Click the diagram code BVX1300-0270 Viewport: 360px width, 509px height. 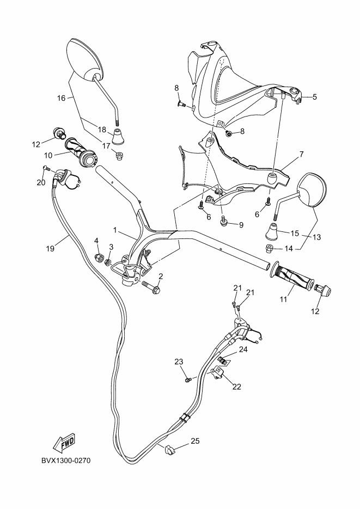click(x=65, y=461)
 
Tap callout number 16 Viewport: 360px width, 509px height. click(x=62, y=98)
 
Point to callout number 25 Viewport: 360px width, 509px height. click(x=195, y=441)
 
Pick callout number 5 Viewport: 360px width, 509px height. click(x=314, y=97)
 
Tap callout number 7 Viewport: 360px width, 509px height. click(x=300, y=155)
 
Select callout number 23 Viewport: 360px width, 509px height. click(x=179, y=361)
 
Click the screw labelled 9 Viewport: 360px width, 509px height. click(x=224, y=220)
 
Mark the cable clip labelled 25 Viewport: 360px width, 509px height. click(x=169, y=450)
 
